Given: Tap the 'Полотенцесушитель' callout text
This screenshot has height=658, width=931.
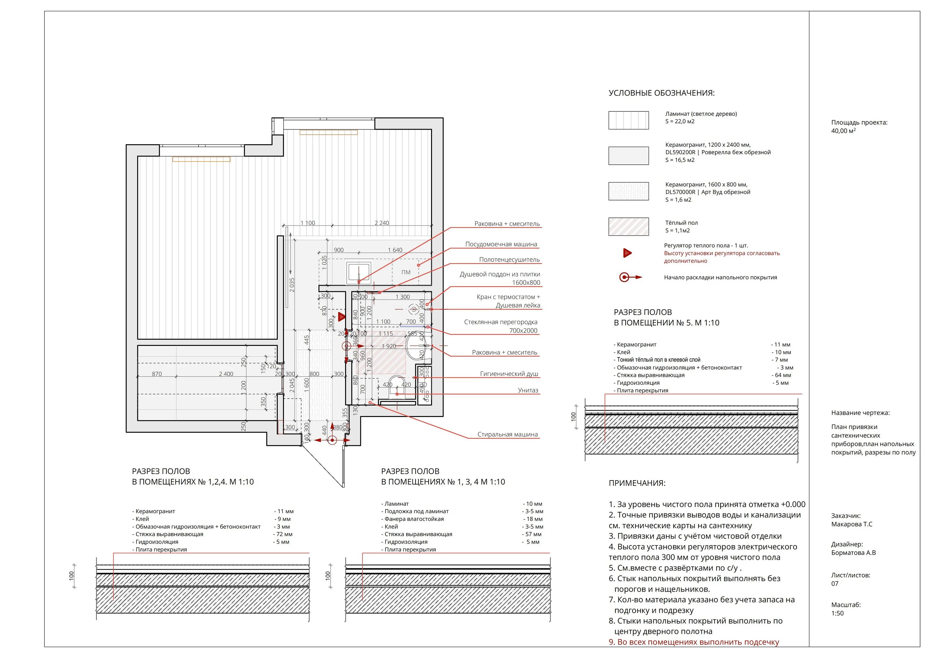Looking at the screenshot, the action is click(x=509, y=260).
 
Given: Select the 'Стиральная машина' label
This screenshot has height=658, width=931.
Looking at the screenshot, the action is click(x=507, y=435).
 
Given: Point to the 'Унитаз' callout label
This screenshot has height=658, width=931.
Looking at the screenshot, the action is click(x=528, y=390).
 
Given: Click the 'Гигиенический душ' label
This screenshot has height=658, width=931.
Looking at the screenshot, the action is click(x=509, y=374).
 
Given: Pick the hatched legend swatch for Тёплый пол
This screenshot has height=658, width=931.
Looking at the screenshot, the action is click(x=628, y=227).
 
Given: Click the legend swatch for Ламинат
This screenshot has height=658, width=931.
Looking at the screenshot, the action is click(x=628, y=120).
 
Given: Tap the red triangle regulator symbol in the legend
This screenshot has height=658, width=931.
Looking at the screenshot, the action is click(x=627, y=253).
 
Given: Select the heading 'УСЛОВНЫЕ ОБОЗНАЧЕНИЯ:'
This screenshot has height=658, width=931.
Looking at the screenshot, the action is click(x=661, y=93).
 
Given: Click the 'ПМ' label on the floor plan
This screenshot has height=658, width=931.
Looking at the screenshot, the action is click(x=406, y=272).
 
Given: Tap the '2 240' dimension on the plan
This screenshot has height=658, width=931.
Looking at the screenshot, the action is click(x=382, y=223).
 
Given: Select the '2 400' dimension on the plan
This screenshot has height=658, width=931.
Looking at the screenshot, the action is click(x=226, y=374).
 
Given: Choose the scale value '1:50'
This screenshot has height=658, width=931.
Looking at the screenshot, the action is click(x=837, y=613).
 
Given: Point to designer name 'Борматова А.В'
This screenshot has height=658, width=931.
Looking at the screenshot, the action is click(x=853, y=553).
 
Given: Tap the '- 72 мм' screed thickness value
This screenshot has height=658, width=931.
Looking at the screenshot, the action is click(x=283, y=534).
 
